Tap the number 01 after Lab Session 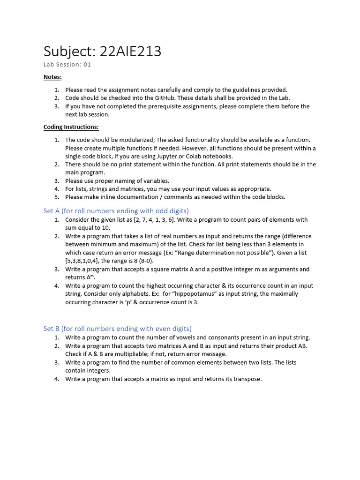point(87,65)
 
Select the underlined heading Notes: point(52,77)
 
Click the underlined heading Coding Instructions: point(71,127)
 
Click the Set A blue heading point(116,211)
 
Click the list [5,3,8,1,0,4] point(82,261)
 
